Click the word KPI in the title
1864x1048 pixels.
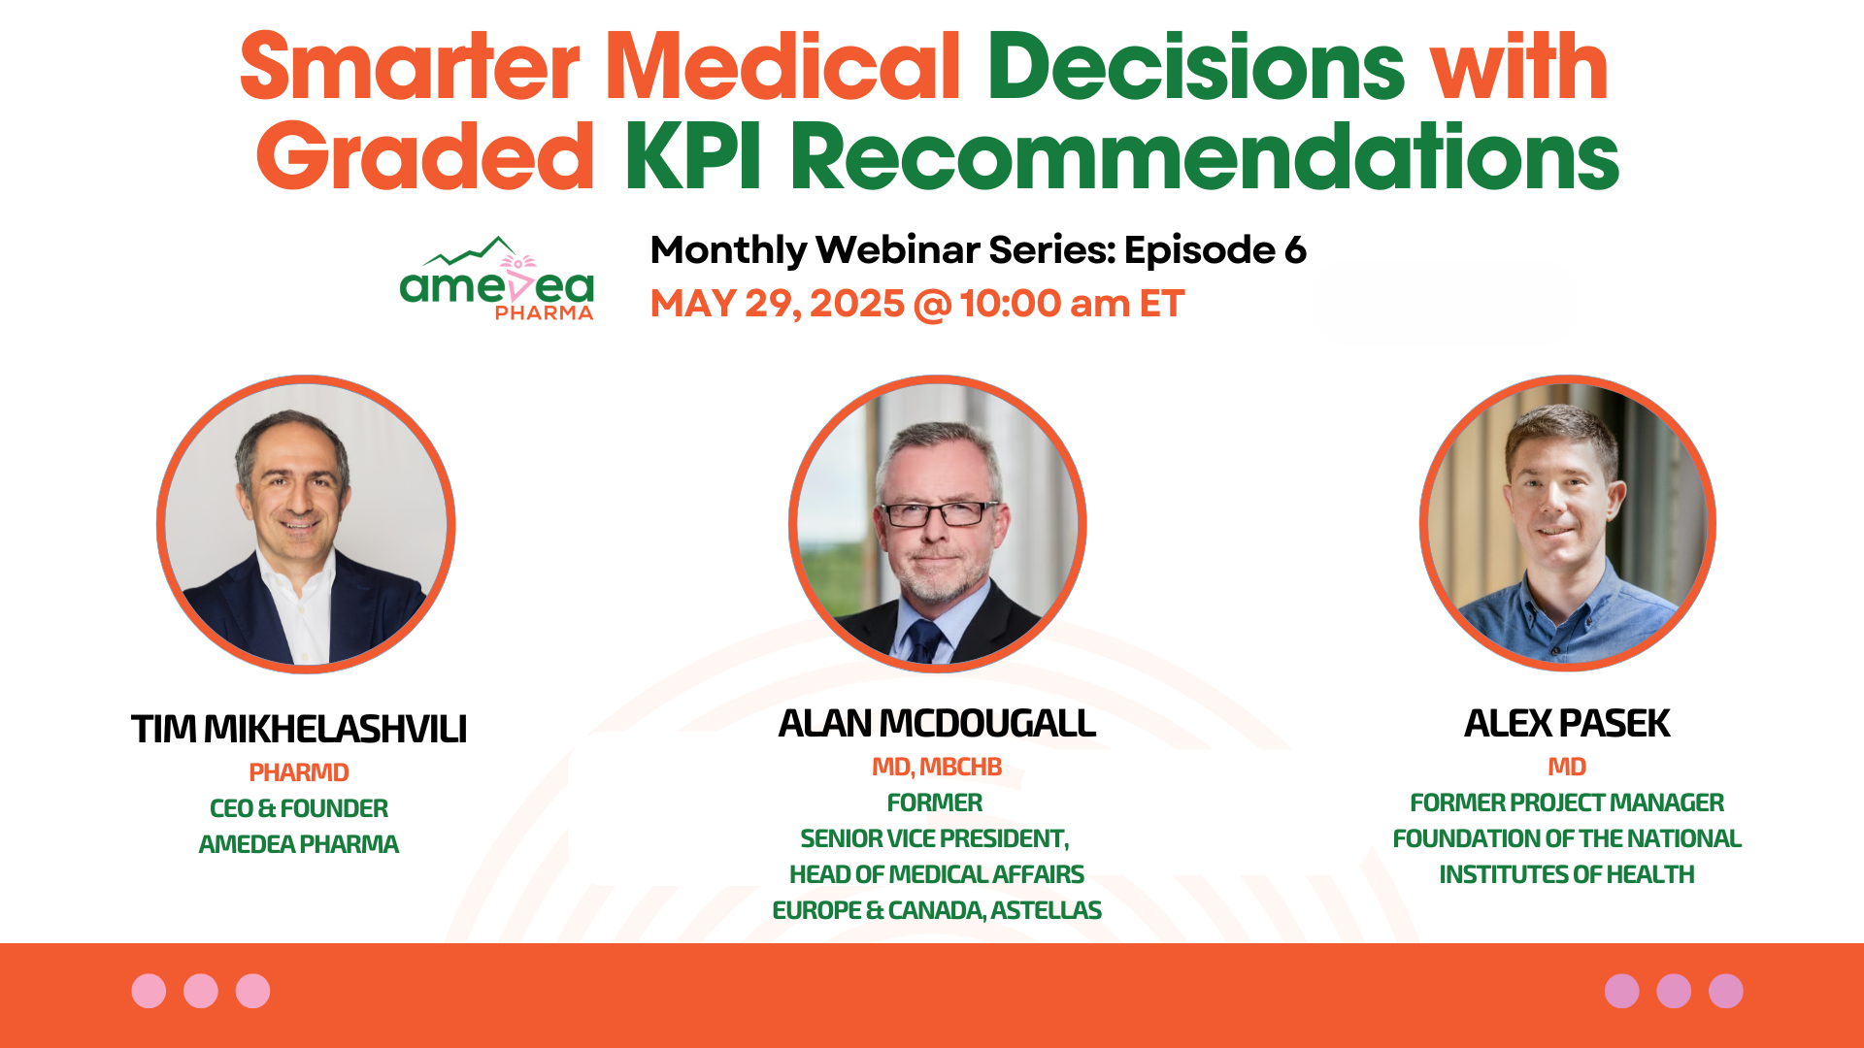click(x=692, y=157)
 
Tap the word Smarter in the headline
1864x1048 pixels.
click(x=409, y=68)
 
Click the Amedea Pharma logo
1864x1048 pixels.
click(x=497, y=279)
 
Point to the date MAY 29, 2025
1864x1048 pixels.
click(x=777, y=304)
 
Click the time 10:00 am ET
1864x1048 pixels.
click(x=1072, y=304)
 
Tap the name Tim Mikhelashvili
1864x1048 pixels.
click(x=299, y=729)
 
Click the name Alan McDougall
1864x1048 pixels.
click(x=937, y=723)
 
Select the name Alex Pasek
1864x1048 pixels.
click(x=1567, y=723)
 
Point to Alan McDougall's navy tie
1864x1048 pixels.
click(x=923, y=641)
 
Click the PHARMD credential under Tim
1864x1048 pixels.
click(x=299, y=772)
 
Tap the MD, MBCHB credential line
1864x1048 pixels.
click(x=937, y=767)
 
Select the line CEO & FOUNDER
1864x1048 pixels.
click(x=299, y=808)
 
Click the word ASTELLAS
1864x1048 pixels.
click(x=1046, y=910)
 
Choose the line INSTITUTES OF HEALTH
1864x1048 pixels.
click(x=1567, y=874)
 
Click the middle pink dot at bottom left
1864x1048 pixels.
click(x=201, y=991)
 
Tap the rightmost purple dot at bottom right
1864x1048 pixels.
click(x=1725, y=991)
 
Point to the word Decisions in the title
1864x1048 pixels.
click(x=1196, y=68)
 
